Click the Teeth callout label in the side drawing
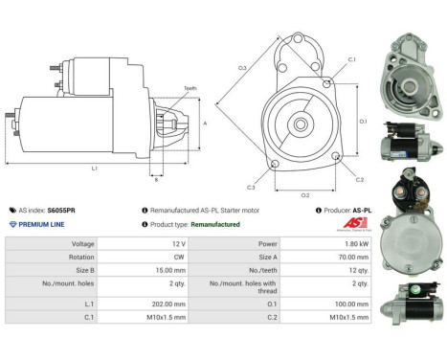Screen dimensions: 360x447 click(x=190, y=88)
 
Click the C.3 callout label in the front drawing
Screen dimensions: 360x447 click(x=250, y=187)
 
